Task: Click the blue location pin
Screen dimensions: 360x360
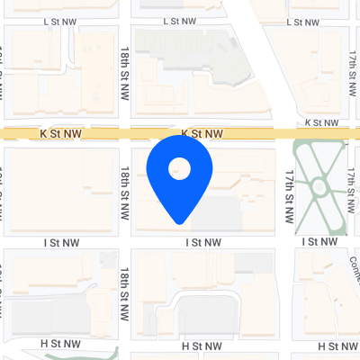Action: [x=180, y=180]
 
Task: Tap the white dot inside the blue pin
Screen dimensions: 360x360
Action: [x=180, y=167]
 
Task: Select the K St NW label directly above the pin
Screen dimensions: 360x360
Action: [x=202, y=133]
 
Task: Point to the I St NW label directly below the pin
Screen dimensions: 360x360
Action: [x=203, y=242]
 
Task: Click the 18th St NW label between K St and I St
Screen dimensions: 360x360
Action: [x=125, y=188]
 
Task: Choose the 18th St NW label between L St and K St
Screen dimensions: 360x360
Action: [x=125, y=74]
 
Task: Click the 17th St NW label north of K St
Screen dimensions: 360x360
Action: [x=354, y=67]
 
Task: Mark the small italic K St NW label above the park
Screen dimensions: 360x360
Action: [x=322, y=121]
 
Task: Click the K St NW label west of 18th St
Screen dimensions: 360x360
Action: [x=61, y=133]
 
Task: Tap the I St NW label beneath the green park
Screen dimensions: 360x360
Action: [x=322, y=242]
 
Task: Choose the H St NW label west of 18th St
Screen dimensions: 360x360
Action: [x=61, y=344]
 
